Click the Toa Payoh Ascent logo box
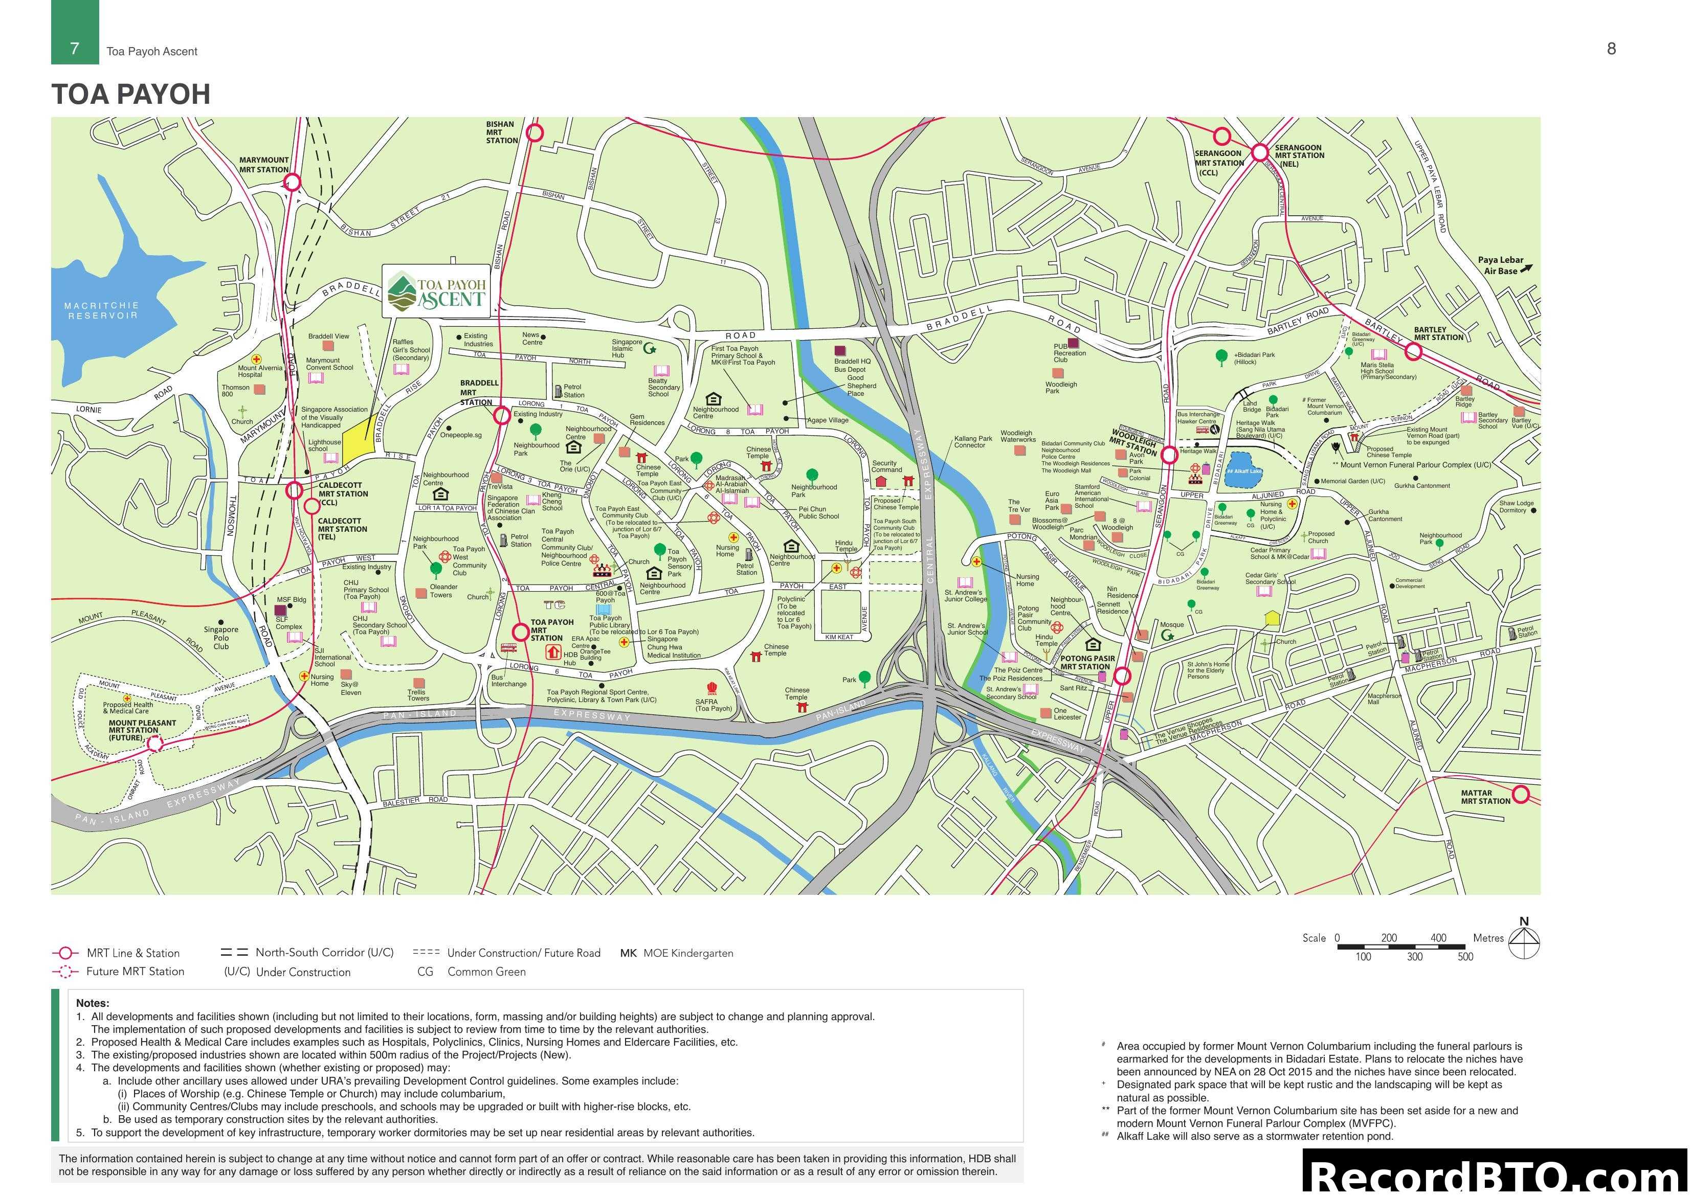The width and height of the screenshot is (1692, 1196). coord(438,291)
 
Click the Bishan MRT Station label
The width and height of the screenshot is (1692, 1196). coord(502,132)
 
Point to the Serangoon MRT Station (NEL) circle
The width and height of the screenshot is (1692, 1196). coord(1260,152)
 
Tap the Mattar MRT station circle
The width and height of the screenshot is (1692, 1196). coord(1521,795)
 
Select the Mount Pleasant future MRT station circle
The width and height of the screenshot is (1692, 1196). coord(154,744)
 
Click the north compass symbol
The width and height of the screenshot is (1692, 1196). coord(1524,939)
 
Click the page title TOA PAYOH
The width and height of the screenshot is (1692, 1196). coord(130,94)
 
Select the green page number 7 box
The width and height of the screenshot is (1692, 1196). coord(75,32)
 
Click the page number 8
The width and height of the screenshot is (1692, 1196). coord(1611,49)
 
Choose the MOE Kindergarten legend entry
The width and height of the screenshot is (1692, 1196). coord(677,953)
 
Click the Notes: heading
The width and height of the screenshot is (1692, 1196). coord(93,1003)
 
